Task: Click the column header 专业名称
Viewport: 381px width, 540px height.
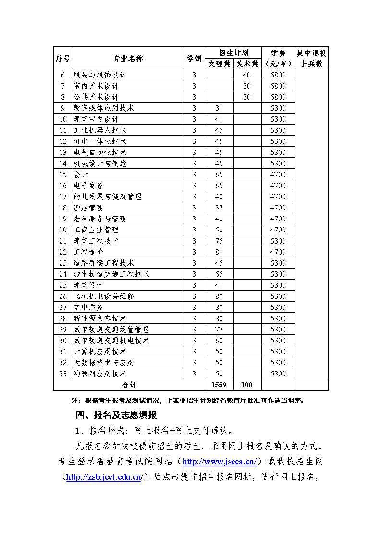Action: [128, 58]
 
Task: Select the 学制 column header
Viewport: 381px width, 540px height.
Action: [194, 58]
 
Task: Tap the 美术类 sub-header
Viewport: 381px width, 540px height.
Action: [247, 64]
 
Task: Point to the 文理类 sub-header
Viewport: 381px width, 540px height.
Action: [219, 64]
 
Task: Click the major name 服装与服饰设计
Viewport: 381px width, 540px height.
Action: [100, 75]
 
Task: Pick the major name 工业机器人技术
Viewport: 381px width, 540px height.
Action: [100, 130]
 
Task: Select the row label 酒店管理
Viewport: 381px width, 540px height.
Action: [88, 208]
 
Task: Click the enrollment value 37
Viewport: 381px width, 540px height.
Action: [219, 208]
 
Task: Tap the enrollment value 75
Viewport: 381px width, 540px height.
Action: [219, 241]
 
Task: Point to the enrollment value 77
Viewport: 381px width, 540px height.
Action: [219, 330]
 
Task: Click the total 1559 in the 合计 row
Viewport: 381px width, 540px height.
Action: [219, 385]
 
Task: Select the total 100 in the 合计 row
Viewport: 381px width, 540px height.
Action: [247, 385]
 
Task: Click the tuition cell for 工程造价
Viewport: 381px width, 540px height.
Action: [278, 252]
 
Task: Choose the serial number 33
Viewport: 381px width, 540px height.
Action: [63, 374]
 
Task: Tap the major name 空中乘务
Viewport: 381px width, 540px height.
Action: [88, 308]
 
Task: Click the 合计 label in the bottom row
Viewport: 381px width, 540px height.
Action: [129, 385]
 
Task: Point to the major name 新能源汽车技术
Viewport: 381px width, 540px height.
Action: [100, 319]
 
